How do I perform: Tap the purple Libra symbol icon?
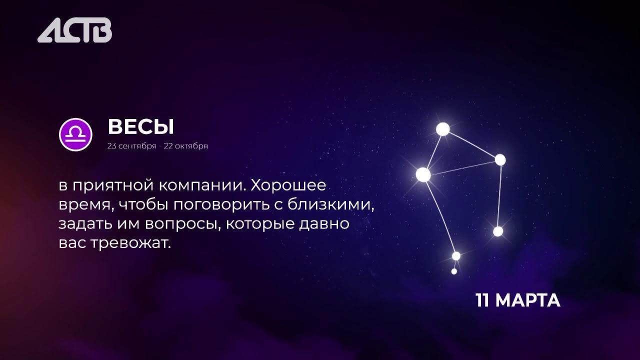coord(75,134)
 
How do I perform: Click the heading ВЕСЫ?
coord(140,127)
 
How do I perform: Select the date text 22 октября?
coord(185,146)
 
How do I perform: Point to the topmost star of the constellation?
coord(442,129)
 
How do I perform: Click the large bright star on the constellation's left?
coord(423,174)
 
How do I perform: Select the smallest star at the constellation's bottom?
coord(454,271)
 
